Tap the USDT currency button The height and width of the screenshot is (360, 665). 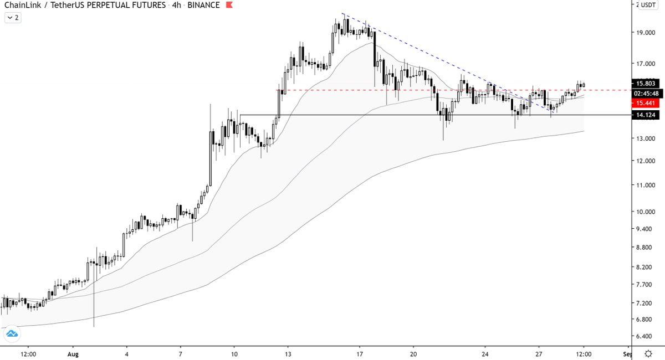(x=647, y=5)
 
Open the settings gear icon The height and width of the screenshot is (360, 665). (x=648, y=353)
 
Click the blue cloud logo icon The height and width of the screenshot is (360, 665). (x=12, y=334)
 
